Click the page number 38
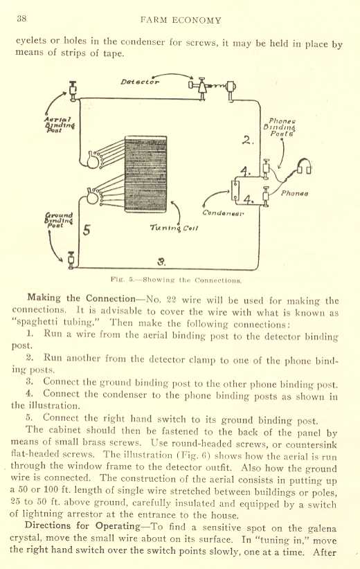point(21,19)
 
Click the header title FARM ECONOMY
point(181,20)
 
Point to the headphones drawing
point(304,167)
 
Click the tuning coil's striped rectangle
point(145,174)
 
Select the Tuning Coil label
point(174,228)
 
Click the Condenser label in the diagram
point(223,213)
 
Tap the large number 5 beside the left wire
point(87,230)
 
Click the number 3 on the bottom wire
point(162,261)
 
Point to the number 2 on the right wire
point(248,140)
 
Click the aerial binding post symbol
point(73,91)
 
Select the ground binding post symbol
point(71,260)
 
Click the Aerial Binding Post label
point(60,125)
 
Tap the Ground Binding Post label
point(58,220)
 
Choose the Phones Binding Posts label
point(280,127)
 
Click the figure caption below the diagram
point(176,280)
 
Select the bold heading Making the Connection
point(81,298)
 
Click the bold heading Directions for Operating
point(82,526)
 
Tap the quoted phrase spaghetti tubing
point(56,323)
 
